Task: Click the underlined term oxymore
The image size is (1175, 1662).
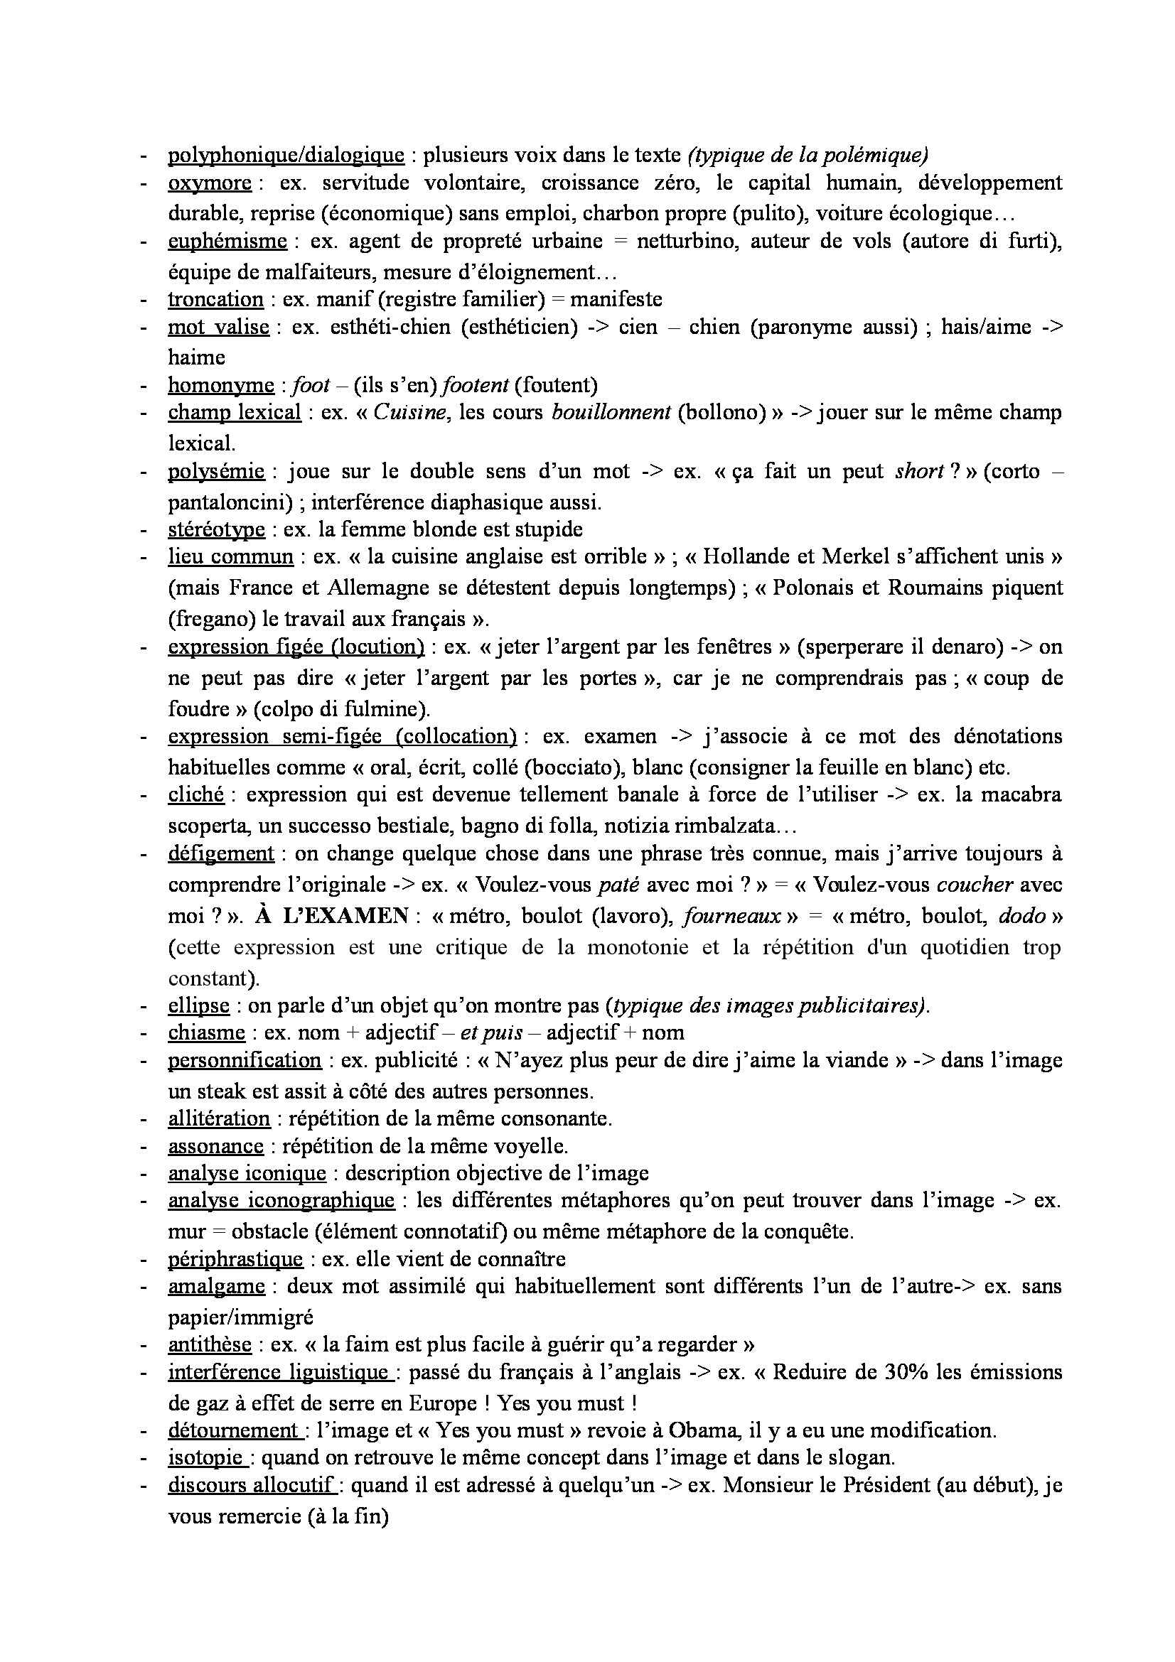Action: click(209, 183)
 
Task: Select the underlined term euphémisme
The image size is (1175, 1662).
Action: click(227, 241)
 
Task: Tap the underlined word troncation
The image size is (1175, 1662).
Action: click(216, 299)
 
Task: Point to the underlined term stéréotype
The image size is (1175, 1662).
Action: click(217, 529)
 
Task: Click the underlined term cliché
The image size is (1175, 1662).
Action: click(195, 794)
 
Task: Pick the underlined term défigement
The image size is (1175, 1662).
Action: click(221, 853)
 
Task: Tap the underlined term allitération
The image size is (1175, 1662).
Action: click(219, 1118)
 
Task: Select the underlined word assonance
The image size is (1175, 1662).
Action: click(216, 1147)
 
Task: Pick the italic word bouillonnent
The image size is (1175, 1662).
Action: click(611, 413)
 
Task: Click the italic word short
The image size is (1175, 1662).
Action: click(918, 471)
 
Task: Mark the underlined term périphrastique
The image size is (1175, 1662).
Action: click(235, 1259)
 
